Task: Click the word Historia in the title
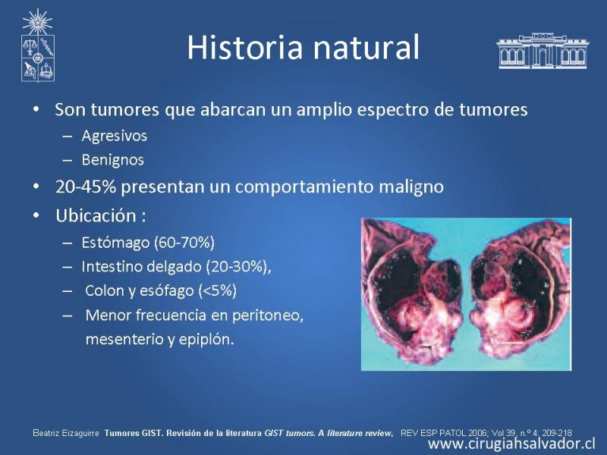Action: pyautogui.click(x=244, y=47)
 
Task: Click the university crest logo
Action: pyautogui.click(x=37, y=45)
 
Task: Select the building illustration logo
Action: pyautogui.click(x=543, y=51)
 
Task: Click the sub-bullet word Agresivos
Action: pyautogui.click(x=115, y=136)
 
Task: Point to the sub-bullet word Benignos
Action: pyautogui.click(x=112, y=160)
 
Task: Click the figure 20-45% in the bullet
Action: pyautogui.click(x=86, y=187)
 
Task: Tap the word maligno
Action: pyautogui.click(x=410, y=187)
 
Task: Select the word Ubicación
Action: pyautogui.click(x=96, y=215)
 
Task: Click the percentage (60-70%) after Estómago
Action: pyautogui.click(x=184, y=243)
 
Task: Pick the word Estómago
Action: pyautogui.click(x=115, y=243)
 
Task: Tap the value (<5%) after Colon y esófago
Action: pyautogui.click(x=218, y=291)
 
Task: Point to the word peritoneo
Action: pyautogui.click(x=268, y=316)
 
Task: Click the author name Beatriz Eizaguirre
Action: pyautogui.click(x=66, y=433)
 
